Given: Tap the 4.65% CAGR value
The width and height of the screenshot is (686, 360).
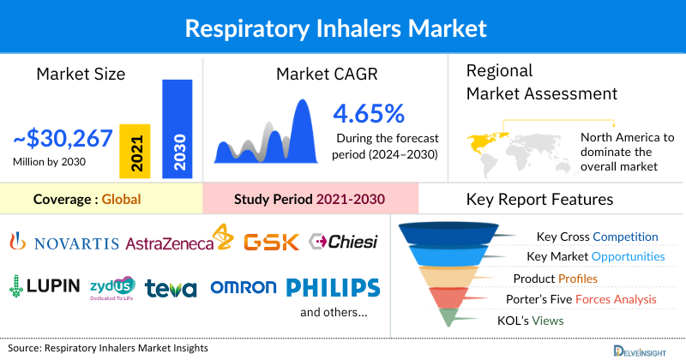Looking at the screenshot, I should point(369,113).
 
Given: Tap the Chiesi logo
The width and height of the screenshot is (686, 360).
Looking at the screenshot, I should point(343,242).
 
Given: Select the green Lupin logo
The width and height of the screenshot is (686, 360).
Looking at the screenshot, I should point(45,286).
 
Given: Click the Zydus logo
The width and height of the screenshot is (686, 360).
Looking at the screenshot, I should point(111,287).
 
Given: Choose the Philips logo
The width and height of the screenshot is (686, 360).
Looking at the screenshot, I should point(332,287).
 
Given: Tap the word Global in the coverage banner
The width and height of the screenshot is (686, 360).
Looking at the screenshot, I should point(121,201).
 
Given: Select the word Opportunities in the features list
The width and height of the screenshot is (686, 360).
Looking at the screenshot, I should point(627,256).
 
